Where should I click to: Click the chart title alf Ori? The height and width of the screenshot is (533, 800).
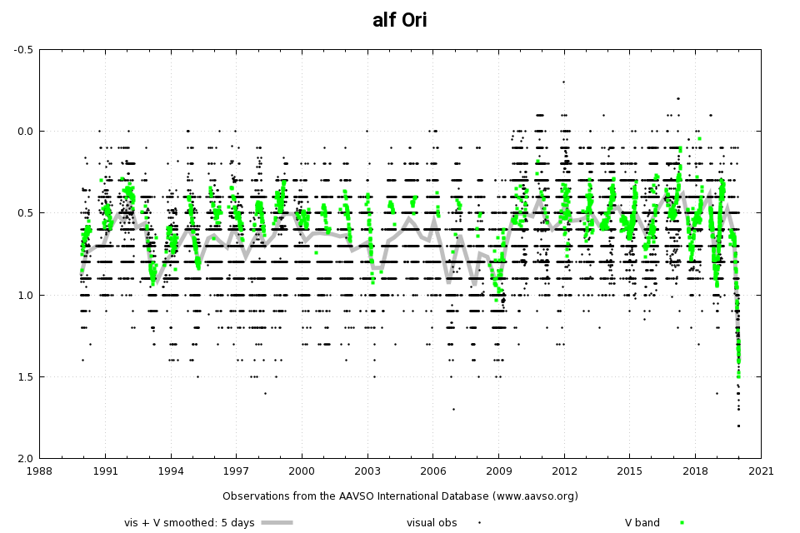[400, 21]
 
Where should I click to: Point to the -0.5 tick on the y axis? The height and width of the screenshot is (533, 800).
[23, 49]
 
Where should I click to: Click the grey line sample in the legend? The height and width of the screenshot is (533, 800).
[277, 523]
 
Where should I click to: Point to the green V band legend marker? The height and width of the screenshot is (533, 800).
[682, 523]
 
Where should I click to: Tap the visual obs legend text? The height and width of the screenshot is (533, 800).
[432, 523]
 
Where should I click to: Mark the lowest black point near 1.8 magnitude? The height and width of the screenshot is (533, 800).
[738, 426]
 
